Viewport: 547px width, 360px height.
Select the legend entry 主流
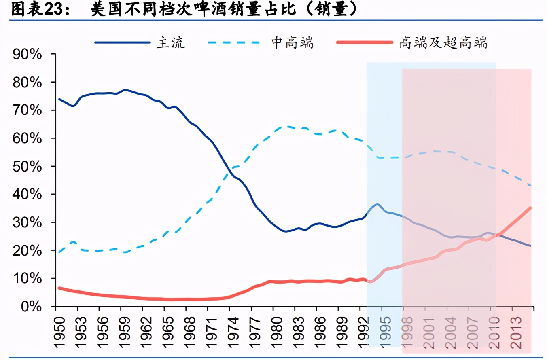[x=170, y=42]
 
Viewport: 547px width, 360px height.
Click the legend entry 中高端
[x=292, y=42]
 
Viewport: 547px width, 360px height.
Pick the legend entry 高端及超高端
[x=443, y=42]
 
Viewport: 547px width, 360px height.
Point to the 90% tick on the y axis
[x=28, y=54]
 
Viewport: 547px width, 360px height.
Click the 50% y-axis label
[x=28, y=166]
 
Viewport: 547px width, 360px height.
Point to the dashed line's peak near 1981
[x=283, y=126]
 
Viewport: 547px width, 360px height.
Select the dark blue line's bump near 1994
[x=377, y=204]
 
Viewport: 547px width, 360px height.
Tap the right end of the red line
[x=530, y=208]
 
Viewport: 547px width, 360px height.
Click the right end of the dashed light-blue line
[x=530, y=186]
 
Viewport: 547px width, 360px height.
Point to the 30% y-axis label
[x=28, y=222]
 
